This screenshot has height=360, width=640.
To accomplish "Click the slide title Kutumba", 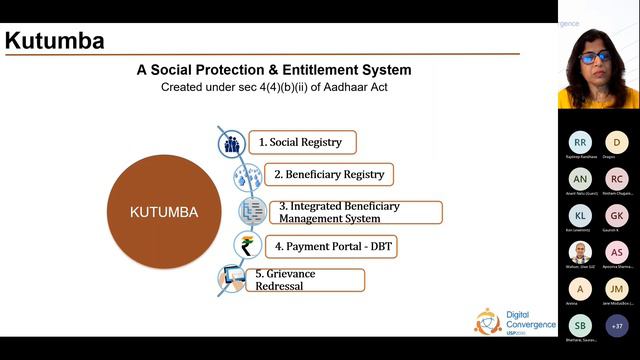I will click(x=55, y=41).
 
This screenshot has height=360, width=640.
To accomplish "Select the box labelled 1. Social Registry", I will click(x=300, y=143).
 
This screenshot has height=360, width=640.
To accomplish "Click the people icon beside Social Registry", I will click(x=232, y=144).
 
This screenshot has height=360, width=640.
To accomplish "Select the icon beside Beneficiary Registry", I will click(x=246, y=177).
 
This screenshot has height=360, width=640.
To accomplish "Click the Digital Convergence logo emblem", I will click(x=488, y=320).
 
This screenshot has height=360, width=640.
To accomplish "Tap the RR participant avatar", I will click(x=580, y=143).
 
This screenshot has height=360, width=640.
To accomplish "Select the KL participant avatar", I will click(x=580, y=216).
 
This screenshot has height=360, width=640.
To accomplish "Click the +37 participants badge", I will click(x=617, y=326).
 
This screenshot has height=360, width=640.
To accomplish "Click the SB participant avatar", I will click(x=580, y=326).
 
